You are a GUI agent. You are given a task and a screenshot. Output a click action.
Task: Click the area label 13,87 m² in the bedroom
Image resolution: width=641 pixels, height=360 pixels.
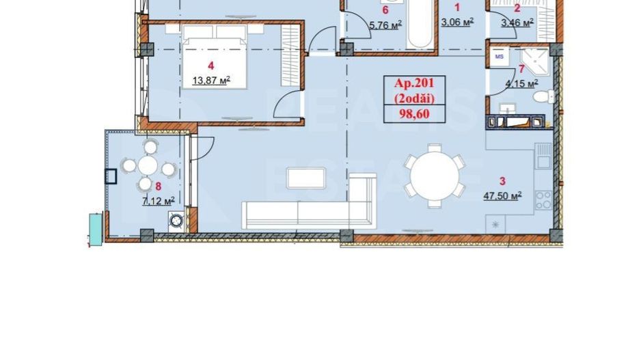coord(211,80)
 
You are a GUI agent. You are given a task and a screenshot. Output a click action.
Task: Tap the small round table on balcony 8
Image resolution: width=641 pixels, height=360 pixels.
coord(148,166)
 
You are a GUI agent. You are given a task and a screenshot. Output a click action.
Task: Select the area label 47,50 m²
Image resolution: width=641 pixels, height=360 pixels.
coord(502,195)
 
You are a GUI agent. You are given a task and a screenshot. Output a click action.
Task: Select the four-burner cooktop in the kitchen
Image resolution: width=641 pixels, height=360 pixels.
coord(543,199)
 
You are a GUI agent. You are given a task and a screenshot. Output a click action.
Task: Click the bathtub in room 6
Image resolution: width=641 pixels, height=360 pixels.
coord(421,24)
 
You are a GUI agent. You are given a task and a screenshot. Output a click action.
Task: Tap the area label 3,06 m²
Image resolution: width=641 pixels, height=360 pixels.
coord(458,21)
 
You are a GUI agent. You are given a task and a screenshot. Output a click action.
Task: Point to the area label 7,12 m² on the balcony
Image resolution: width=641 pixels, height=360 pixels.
coord(158,200)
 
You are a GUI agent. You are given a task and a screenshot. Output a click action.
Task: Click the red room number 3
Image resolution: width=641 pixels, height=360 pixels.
coord(502,181)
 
